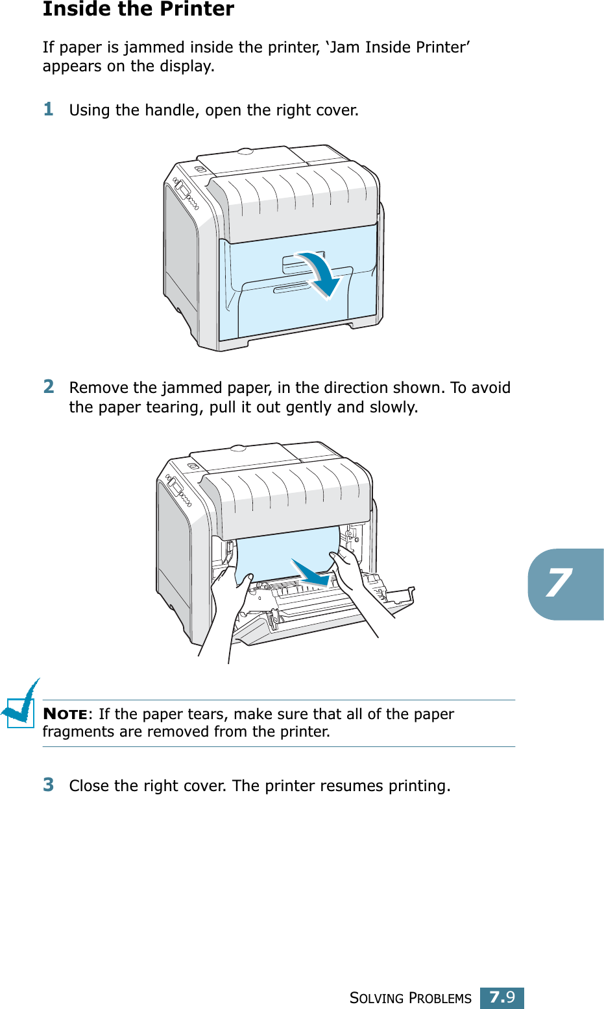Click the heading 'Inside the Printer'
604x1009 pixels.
[138, 9]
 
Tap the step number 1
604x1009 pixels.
[49, 109]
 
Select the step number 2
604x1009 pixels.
[49, 386]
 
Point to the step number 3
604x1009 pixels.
[49, 785]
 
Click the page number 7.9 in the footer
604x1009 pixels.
[501, 997]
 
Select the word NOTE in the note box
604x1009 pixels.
[65, 714]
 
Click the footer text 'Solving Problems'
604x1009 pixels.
[410, 998]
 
